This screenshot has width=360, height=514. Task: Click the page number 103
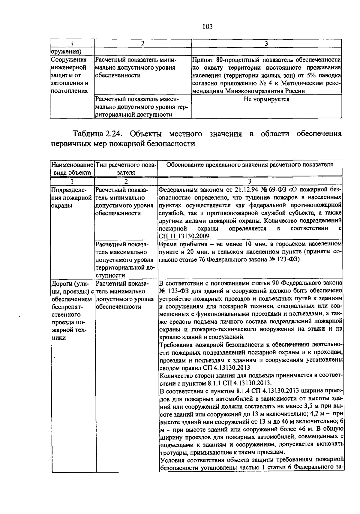[207, 27]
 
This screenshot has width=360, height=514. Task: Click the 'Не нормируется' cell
[266, 99]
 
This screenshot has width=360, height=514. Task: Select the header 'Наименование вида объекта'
[72, 168]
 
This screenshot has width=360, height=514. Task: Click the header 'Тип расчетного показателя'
[126, 168]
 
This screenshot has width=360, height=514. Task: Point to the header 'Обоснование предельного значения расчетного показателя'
[250, 165]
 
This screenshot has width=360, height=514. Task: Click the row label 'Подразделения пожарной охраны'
[71, 198]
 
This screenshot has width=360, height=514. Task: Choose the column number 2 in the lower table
[126, 181]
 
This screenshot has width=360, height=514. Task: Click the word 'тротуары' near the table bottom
[172, 452]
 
